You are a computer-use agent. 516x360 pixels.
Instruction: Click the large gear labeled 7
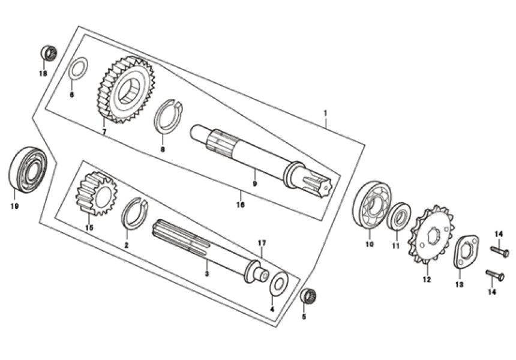click(125, 90)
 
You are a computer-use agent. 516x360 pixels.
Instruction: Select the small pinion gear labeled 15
click(96, 193)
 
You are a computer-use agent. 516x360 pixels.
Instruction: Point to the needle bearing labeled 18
click(49, 53)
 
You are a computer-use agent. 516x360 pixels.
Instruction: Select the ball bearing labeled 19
click(28, 169)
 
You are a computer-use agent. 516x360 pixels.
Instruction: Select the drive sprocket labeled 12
click(431, 236)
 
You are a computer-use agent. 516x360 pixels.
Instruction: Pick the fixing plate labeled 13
click(463, 251)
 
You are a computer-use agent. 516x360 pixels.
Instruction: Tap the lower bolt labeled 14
click(496, 275)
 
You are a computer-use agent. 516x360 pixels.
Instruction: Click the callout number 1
click(325, 112)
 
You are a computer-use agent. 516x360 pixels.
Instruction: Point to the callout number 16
click(240, 205)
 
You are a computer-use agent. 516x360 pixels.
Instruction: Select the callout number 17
click(261, 243)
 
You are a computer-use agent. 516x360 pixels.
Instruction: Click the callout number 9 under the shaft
click(254, 184)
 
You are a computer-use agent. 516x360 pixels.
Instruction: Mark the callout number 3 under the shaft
click(206, 274)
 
